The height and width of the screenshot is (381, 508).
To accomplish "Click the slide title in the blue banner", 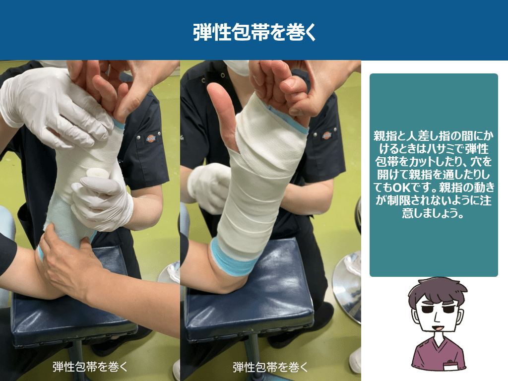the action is pos(254,32).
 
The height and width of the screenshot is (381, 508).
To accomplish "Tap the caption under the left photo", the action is pos(90,367).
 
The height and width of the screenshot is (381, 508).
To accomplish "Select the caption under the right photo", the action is pos(270,367).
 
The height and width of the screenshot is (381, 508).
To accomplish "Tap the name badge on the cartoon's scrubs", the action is pos(451,365).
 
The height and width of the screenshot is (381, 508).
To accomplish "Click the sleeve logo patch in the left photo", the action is pos(151,138).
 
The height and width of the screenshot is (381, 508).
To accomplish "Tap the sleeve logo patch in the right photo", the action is pos(326,135).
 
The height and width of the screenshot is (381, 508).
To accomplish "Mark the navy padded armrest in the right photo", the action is pos(250,292).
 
